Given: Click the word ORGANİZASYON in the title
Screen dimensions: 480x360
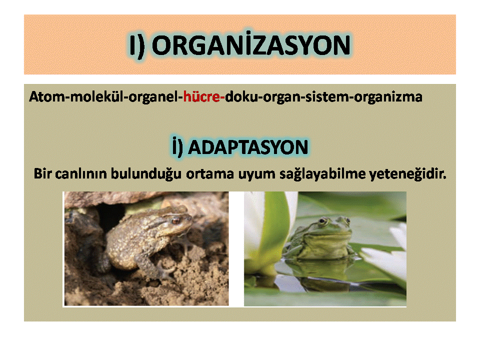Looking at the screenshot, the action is pyautogui.click(x=251, y=45).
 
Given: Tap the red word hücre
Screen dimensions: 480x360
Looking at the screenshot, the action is pyautogui.click(x=201, y=96).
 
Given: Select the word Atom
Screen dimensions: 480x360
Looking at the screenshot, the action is pyautogui.click(x=47, y=96).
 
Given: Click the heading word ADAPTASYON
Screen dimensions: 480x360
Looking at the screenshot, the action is pyautogui.click(x=248, y=147).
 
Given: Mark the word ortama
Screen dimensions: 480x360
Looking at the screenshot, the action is pyautogui.click(x=209, y=174).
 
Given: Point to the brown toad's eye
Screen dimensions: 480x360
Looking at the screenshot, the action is pyautogui.click(x=176, y=220).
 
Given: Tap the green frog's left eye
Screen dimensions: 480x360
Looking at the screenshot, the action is pyautogui.click(x=322, y=220).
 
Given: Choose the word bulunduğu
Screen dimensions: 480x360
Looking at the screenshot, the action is pyautogui.click(x=146, y=174).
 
